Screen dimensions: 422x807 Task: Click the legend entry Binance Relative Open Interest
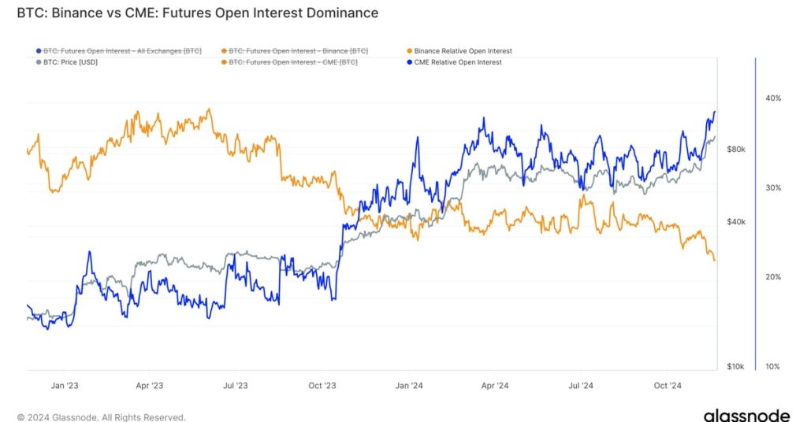tap(463, 51)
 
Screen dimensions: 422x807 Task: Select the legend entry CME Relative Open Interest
tap(457, 62)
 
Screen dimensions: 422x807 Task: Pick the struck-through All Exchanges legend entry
tap(122, 51)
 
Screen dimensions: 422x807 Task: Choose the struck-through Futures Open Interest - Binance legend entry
tap(298, 51)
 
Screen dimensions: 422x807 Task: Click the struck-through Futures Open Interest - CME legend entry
tap(292, 62)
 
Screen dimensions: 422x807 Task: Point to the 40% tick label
tap(772, 98)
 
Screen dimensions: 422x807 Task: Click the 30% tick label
tap(772, 187)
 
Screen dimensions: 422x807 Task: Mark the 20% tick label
tap(772, 277)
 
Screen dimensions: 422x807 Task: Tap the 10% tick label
tap(772, 367)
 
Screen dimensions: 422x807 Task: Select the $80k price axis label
tap(736, 149)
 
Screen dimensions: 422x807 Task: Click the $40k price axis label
tap(736, 222)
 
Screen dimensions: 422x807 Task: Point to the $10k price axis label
tap(736, 367)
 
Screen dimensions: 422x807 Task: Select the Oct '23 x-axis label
tap(322, 386)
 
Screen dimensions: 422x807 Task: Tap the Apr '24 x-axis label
tap(494, 386)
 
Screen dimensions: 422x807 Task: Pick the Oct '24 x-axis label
tap(668, 386)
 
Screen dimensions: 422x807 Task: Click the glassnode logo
tap(746, 415)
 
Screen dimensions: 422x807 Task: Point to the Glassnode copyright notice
tap(102, 417)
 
